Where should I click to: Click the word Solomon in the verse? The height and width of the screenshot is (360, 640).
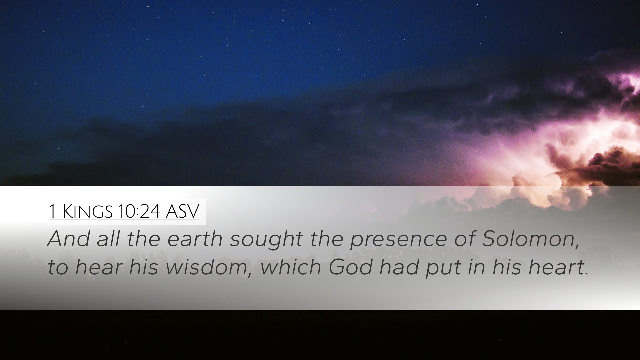(527, 239)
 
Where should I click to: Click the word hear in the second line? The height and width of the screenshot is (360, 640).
(98, 267)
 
